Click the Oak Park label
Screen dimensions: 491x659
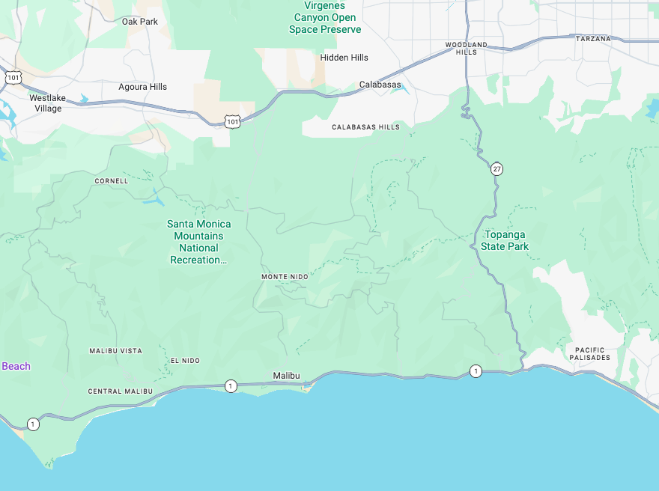140,22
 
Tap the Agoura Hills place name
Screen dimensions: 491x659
142,87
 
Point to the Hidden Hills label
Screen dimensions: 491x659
344,58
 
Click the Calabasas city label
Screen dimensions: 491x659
380,85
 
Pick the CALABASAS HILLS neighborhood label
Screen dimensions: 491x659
365,127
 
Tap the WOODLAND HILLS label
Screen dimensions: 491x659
466,49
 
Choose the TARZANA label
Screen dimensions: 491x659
593,38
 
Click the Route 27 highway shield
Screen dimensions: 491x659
497,168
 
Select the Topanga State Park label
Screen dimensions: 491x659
505,240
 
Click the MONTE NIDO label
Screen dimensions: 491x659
285,277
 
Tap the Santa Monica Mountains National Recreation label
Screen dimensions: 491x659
198,242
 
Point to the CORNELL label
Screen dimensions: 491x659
112,181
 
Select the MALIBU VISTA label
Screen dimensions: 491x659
115,351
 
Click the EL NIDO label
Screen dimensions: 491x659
185,361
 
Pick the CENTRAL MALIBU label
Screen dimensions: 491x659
120,391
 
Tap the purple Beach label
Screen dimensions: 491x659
16,366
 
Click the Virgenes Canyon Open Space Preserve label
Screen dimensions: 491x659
325,17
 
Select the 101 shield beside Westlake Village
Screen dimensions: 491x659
13,77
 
